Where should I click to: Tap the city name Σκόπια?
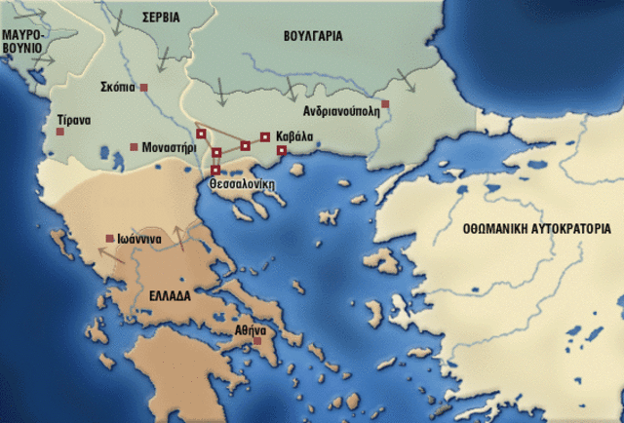[117, 88]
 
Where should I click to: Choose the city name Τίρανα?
[73, 120]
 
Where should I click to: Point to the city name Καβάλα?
[294, 136]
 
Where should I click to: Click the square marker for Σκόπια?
[144, 89]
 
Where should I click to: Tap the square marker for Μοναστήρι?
[134, 147]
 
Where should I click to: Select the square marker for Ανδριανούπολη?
[386, 103]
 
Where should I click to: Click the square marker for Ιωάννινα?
[109, 239]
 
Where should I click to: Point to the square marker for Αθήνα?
[257, 341]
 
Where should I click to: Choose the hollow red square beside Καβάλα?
[265, 136]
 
